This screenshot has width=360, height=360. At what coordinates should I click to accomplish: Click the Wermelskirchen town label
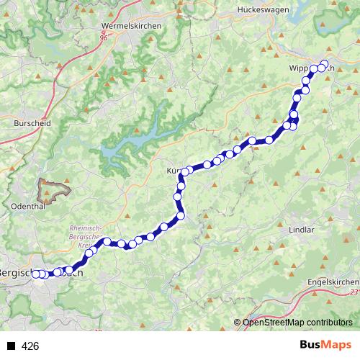pyautogui.click(x=132, y=25)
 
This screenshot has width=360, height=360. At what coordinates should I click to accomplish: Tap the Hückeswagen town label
pyautogui.click(x=263, y=10)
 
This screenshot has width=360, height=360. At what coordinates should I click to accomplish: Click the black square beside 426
pyautogui.click(x=11, y=346)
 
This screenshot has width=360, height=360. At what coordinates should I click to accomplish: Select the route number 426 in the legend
pyautogui.click(x=30, y=346)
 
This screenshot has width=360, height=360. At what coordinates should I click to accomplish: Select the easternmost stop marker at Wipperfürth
pyautogui.click(x=324, y=63)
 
